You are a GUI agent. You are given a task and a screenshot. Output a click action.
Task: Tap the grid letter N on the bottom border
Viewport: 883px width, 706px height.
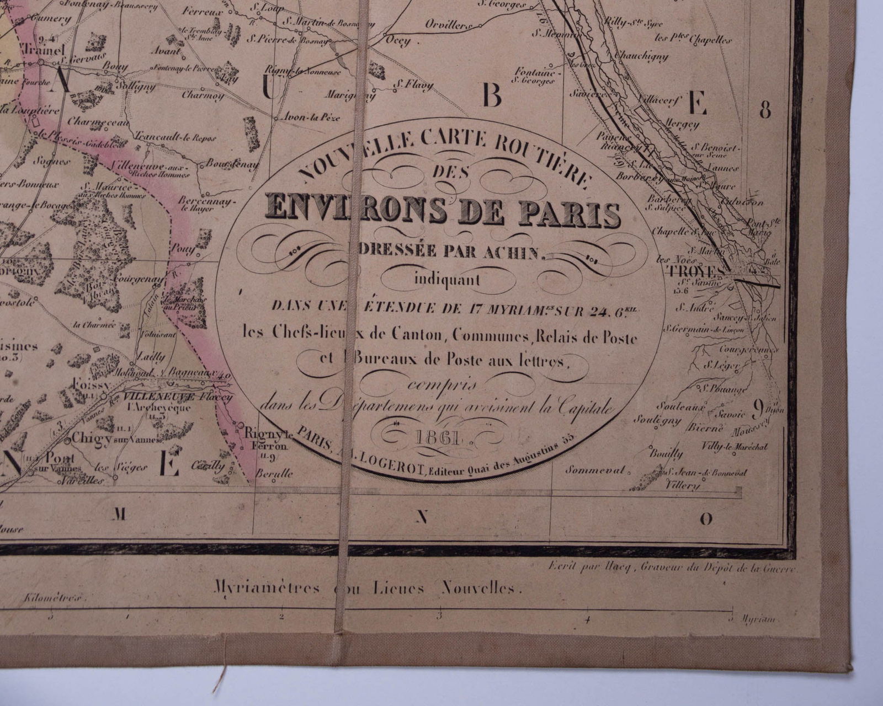click(422, 517)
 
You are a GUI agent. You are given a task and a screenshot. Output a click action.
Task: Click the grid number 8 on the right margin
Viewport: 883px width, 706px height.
click(764, 110)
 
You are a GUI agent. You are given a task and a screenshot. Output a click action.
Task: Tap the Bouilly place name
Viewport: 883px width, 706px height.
click(666, 454)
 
